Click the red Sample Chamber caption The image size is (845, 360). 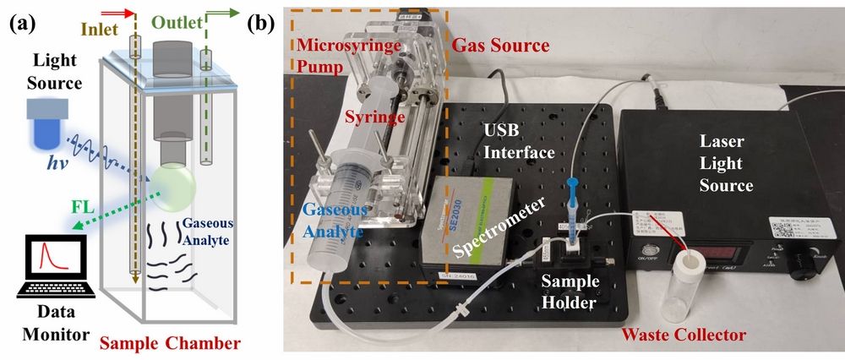pos(169,343)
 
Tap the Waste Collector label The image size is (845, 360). pos(684,335)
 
